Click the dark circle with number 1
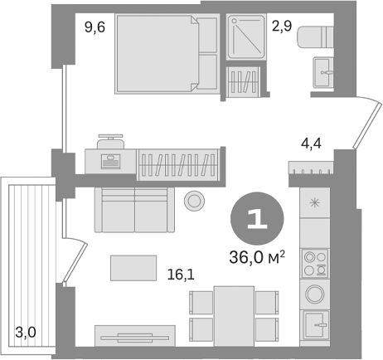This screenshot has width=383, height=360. click(x=257, y=218)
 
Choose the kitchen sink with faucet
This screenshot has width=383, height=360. click(x=316, y=324)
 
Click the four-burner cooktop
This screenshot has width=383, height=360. click(x=315, y=261)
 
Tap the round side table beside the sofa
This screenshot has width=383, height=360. click(x=196, y=200)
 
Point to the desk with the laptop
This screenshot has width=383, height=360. click(x=109, y=158)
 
